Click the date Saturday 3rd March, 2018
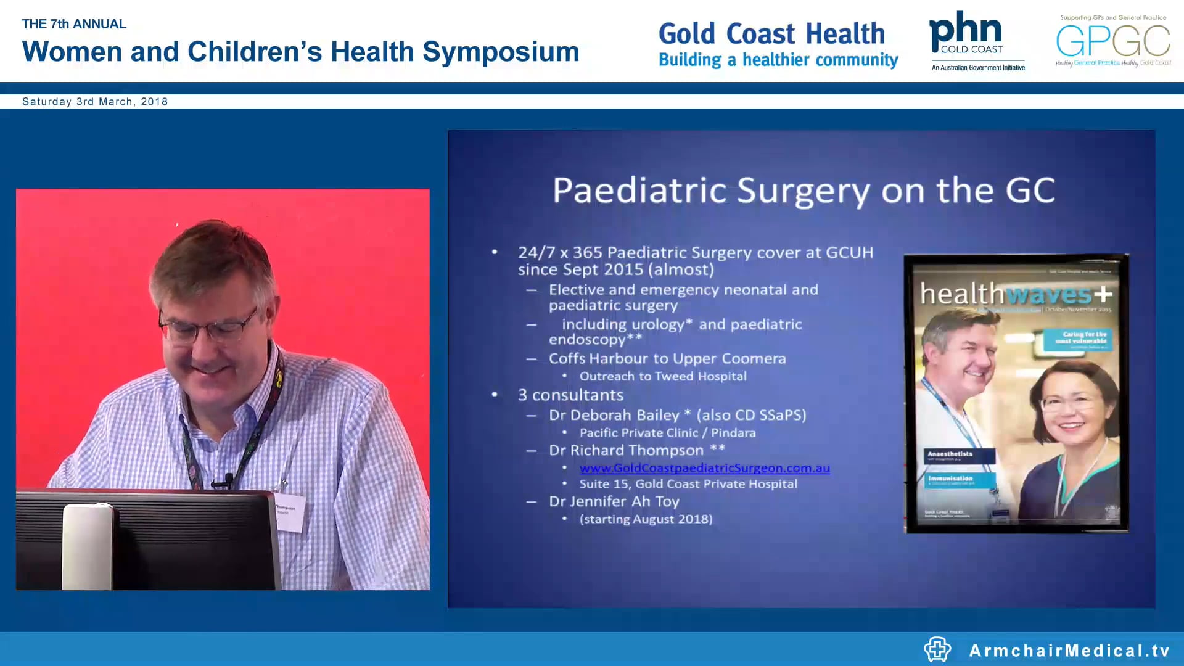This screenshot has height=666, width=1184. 95,102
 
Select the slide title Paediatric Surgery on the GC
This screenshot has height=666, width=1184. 803,190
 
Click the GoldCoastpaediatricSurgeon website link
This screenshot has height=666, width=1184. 704,468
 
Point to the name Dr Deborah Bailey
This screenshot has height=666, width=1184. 614,415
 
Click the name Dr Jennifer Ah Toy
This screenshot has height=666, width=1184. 614,501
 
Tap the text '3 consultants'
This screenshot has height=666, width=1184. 570,395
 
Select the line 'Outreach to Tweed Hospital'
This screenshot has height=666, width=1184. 662,376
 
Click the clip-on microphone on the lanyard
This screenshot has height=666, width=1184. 228,479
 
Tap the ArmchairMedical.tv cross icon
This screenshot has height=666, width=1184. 937,649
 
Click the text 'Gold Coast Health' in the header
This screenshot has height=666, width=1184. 771,34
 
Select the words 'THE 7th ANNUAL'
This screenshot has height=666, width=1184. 74,24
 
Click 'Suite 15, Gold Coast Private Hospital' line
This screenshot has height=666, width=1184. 688,484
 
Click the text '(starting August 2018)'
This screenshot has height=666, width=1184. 646,519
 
